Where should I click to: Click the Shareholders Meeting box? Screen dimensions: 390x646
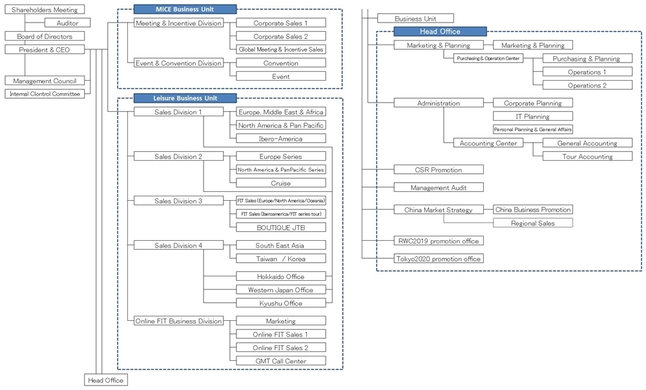[x=45, y=10]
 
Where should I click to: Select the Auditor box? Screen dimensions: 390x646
[x=67, y=23]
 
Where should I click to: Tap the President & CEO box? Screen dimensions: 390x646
[x=45, y=50]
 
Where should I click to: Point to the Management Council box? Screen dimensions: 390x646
[x=45, y=81]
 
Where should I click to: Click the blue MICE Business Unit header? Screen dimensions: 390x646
[x=185, y=9]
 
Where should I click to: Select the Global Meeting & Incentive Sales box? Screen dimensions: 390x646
[x=281, y=49]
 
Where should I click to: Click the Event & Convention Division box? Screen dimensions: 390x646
[x=178, y=63]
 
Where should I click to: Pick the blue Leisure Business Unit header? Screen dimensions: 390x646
[x=185, y=98]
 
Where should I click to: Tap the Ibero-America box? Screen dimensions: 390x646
[x=281, y=139]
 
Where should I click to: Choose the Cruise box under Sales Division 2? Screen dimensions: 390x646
[x=281, y=183]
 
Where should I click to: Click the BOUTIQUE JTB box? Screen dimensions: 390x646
[x=281, y=227]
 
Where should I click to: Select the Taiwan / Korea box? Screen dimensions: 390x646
[x=281, y=258]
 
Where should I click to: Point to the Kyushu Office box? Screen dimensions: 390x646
[x=281, y=303]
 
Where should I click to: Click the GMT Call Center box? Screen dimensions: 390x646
[x=281, y=361]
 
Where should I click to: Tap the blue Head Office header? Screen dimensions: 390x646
[x=440, y=31]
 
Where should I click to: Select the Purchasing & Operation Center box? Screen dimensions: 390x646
[x=488, y=59]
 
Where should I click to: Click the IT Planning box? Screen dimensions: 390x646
[x=533, y=116]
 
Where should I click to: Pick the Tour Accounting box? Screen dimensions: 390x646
[x=587, y=156]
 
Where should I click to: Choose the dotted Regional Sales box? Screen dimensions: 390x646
[x=533, y=223]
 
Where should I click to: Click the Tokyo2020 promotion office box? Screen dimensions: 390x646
[x=439, y=258]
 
